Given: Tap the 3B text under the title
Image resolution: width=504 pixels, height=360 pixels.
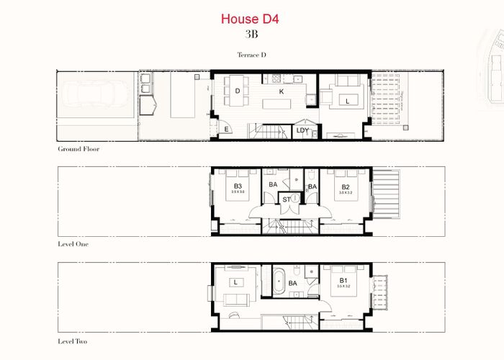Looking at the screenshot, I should (251, 33).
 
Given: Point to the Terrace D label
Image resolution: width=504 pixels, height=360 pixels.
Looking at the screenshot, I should (251, 55).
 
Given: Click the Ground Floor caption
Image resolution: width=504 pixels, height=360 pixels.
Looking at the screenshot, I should (78, 149).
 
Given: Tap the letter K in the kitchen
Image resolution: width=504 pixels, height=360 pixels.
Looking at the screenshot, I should (282, 91).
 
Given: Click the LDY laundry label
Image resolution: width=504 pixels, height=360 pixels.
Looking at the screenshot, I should (302, 130).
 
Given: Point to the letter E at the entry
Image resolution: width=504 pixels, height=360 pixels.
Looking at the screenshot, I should (226, 130).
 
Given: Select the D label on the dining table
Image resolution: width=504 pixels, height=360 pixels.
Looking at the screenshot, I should (237, 91).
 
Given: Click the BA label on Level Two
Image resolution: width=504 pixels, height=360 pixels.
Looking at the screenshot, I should (293, 284).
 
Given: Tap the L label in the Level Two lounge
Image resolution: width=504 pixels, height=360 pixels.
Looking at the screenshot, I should (236, 281).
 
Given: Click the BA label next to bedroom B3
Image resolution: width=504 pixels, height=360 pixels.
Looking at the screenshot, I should (273, 185).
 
